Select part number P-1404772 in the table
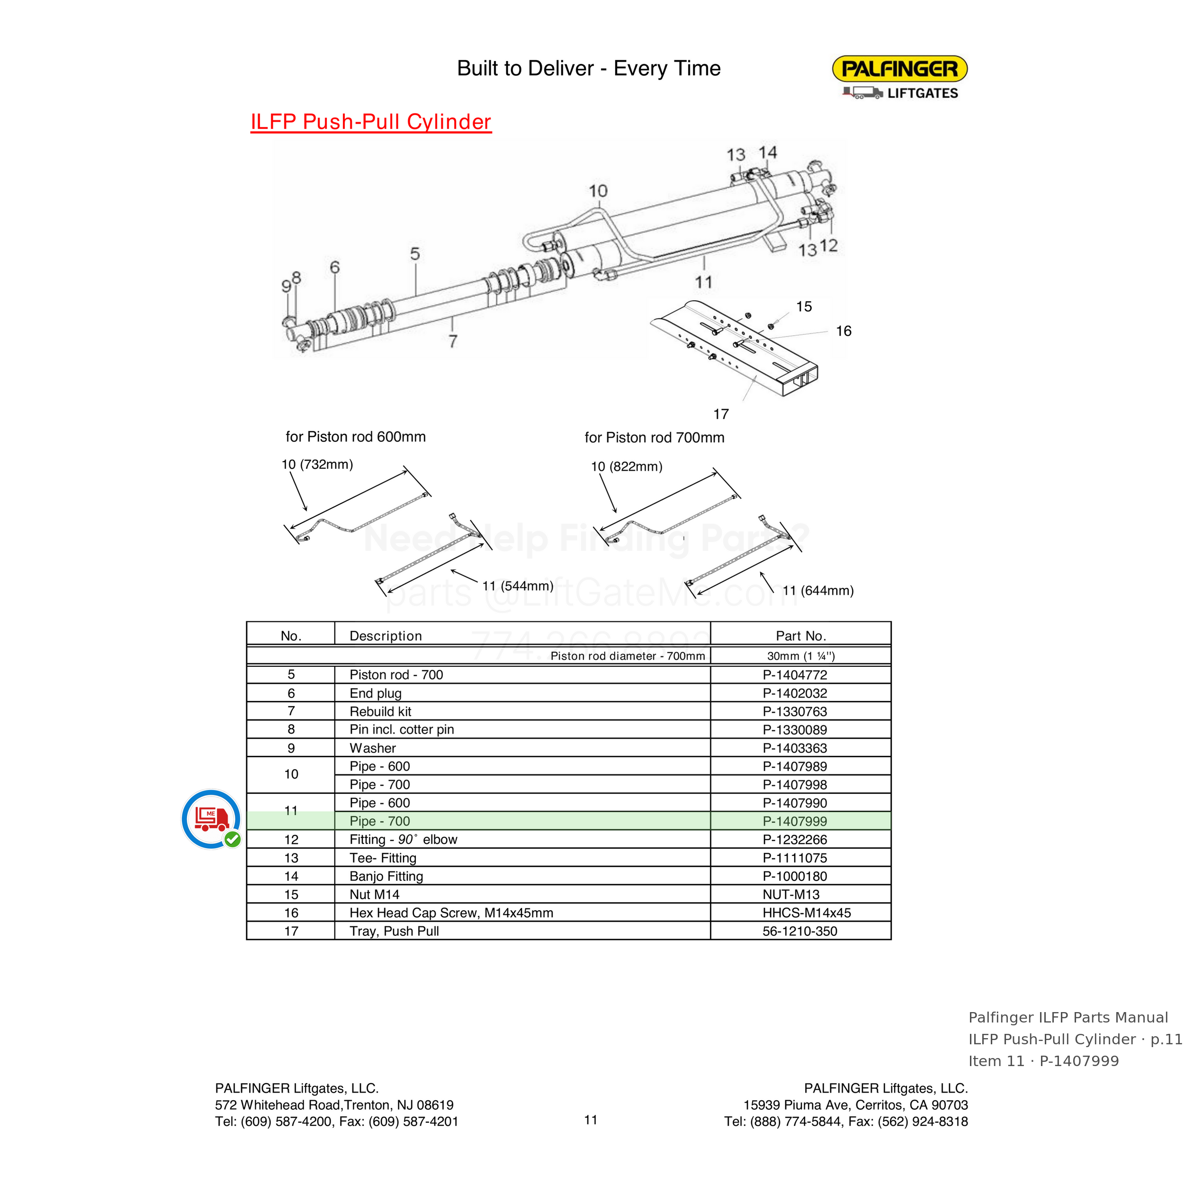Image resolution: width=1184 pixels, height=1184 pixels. [794, 675]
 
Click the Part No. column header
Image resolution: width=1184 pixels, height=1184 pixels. [801, 636]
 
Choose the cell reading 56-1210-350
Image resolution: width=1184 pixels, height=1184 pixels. [800, 931]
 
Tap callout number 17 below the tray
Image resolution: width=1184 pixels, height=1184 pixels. [721, 414]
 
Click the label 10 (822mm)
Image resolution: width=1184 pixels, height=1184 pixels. [626, 466]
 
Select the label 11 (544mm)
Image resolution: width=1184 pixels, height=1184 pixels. [518, 586]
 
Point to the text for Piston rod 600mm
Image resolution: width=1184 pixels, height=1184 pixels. [356, 436]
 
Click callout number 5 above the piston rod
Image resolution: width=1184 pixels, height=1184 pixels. [415, 254]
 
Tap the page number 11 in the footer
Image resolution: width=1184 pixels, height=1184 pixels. [591, 1120]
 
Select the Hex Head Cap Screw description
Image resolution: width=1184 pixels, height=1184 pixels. [451, 913]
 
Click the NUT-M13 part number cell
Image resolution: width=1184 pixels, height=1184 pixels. [790, 895]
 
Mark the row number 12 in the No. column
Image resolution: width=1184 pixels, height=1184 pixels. [291, 840]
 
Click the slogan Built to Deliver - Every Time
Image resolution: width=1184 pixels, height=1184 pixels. [589, 68]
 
